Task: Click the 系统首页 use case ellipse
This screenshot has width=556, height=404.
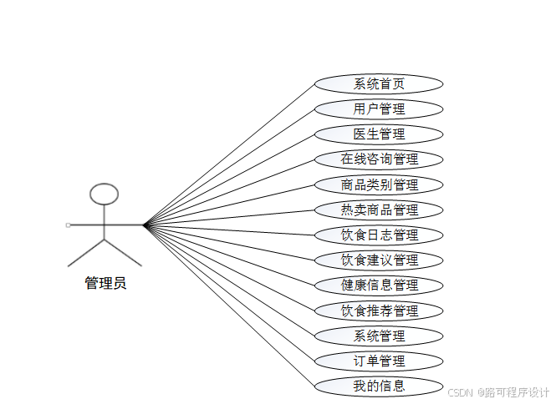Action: pos(379,84)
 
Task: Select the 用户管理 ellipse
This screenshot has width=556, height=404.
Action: pos(379,109)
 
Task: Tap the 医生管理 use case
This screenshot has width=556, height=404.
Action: pos(379,134)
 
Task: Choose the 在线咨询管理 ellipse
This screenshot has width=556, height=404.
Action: pos(379,159)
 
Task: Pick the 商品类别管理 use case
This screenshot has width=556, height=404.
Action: pos(379,185)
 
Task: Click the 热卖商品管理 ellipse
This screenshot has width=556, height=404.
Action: pos(379,210)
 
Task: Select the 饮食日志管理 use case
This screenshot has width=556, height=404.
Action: pos(379,235)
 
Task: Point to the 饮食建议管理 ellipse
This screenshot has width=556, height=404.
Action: pos(379,260)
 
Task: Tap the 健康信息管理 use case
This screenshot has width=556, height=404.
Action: pos(379,285)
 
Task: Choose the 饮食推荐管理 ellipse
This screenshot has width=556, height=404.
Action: pos(379,311)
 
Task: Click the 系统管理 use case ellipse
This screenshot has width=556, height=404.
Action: pos(379,336)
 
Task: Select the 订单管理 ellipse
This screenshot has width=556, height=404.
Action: pos(379,361)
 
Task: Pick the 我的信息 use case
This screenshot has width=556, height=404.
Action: pos(379,386)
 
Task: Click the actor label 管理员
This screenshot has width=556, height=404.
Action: pos(105,283)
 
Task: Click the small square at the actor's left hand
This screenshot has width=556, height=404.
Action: pos(68,225)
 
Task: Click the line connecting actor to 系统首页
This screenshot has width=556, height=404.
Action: pos(229,154)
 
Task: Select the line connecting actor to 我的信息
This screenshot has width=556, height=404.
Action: pos(229,306)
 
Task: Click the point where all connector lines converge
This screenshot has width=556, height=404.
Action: pos(144,225)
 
